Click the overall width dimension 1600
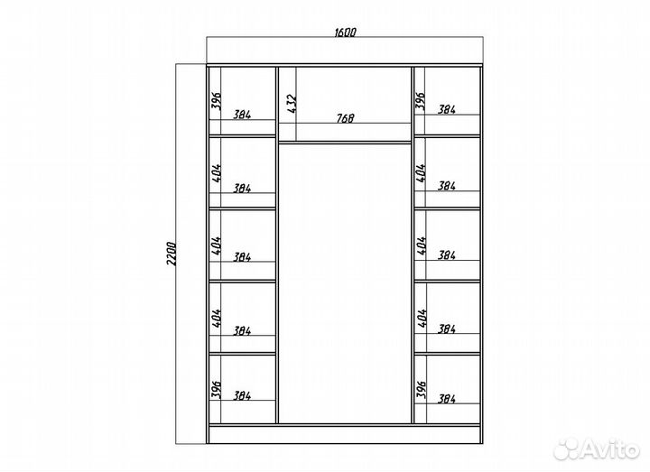[345, 32]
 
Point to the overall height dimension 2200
[172, 254]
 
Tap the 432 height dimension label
[292, 104]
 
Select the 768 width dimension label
[345, 118]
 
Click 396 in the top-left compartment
[217, 100]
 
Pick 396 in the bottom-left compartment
[217, 390]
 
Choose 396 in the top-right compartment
[421, 101]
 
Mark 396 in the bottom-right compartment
[422, 390]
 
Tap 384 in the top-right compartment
[447, 109]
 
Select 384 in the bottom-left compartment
[242, 395]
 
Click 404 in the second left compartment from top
[217, 172]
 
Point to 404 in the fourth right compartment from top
[422, 318]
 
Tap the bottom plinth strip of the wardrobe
[345, 434]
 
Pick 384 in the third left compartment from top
[242, 257]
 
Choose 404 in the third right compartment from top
[422, 245]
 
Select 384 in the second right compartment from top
[447, 186]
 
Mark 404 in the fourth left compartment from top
[217, 318]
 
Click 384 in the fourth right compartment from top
[447, 329]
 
